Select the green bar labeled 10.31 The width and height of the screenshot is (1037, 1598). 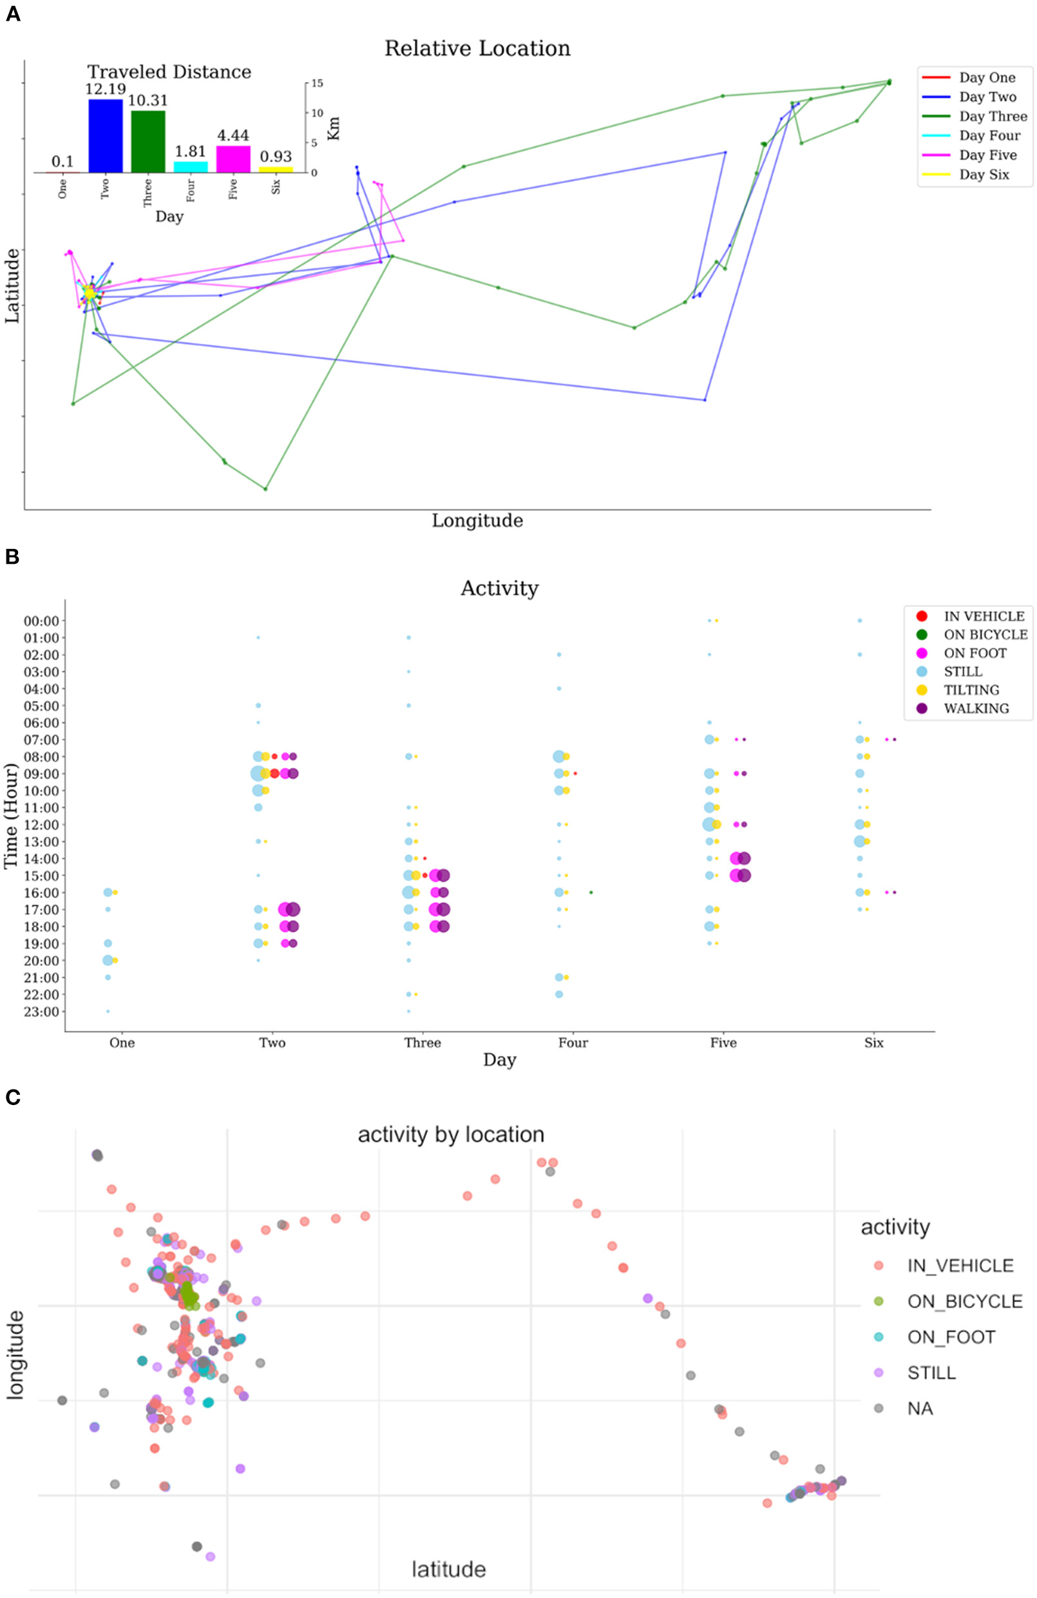tap(147, 141)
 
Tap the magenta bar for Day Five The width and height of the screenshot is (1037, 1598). tap(233, 159)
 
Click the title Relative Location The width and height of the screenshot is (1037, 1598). tap(477, 48)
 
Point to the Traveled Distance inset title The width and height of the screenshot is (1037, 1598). tap(169, 72)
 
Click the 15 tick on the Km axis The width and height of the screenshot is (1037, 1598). tap(318, 83)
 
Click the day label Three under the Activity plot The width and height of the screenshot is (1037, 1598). tap(422, 1043)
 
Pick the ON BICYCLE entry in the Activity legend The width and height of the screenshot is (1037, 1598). tap(985, 635)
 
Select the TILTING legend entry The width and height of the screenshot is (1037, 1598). tap(971, 689)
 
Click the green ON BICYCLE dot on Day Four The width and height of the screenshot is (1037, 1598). tap(591, 892)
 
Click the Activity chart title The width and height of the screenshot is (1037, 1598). tap(499, 588)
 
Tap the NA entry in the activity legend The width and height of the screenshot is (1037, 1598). tap(920, 1408)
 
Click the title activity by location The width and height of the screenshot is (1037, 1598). tap(450, 1135)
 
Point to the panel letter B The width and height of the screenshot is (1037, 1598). tap(12, 557)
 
